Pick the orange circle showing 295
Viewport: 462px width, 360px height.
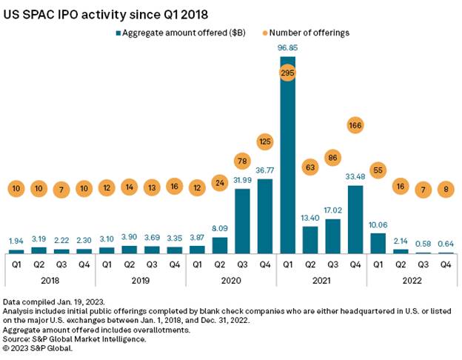pyautogui.click(x=287, y=73)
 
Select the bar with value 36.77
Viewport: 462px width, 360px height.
pyautogui.click(x=264, y=216)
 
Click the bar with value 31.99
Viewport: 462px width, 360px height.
pyautogui.click(x=241, y=221)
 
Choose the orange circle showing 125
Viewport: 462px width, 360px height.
pyautogui.click(x=264, y=140)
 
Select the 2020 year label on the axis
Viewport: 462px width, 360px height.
pyautogui.click(x=230, y=281)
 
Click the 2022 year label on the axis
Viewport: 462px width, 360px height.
pyautogui.click(x=411, y=281)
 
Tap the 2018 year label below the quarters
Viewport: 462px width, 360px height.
pyautogui.click(x=50, y=281)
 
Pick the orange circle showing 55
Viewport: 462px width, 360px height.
pyautogui.click(x=377, y=170)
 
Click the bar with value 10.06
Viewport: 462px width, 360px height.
pyautogui.click(x=377, y=243)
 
